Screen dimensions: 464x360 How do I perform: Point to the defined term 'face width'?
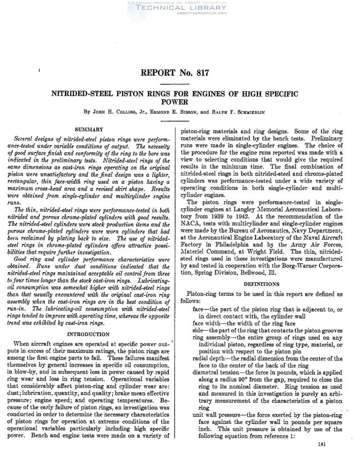pyautogui.click(x=206, y=323)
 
